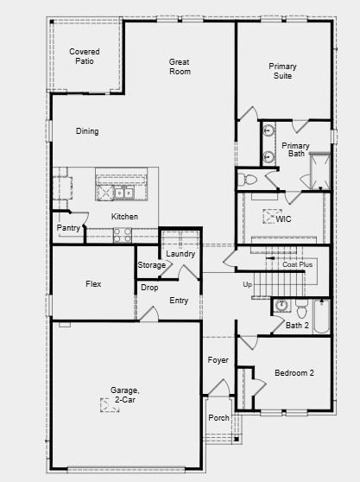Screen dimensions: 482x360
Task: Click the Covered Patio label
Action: pyautogui.click(x=84, y=57)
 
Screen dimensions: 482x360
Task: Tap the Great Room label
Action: pyautogui.click(x=180, y=67)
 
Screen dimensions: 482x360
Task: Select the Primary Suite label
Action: pyautogui.click(x=282, y=71)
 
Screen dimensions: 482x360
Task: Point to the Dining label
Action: pyautogui.click(x=87, y=131)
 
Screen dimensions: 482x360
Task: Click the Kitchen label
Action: pyautogui.click(x=124, y=216)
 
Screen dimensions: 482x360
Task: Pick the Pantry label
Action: pyautogui.click(x=68, y=228)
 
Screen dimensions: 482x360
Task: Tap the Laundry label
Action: pyautogui.click(x=180, y=254)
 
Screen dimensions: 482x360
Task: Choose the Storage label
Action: pyautogui.click(x=151, y=265)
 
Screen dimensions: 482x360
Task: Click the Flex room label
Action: pyautogui.click(x=93, y=284)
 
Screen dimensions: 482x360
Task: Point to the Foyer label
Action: pyautogui.click(x=218, y=359)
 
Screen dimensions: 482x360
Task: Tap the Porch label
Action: pyautogui.click(x=218, y=418)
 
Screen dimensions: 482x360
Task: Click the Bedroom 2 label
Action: pyautogui.click(x=294, y=372)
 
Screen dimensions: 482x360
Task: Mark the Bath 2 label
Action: pyautogui.click(x=297, y=326)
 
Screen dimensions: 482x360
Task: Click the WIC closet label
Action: pyautogui.click(x=284, y=219)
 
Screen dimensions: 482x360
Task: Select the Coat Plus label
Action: pyautogui.click(x=297, y=264)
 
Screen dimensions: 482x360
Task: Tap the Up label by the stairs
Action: pyautogui.click(x=247, y=284)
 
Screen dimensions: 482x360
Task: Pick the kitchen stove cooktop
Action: pyautogui.click(x=123, y=233)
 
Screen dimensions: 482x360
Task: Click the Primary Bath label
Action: pyautogui.click(x=295, y=149)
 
